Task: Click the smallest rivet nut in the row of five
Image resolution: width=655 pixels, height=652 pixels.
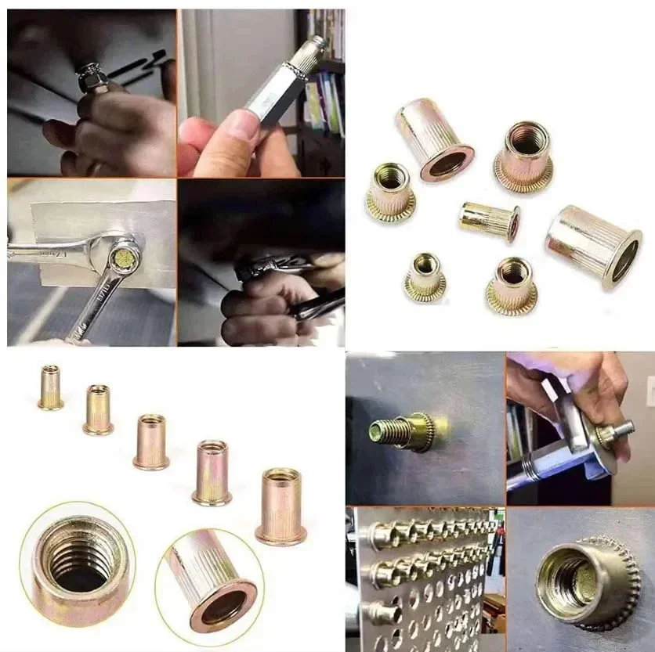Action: [x=50, y=387]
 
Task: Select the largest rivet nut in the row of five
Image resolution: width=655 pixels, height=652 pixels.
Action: [x=280, y=506]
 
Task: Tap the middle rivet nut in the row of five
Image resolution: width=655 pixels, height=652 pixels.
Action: [x=151, y=441]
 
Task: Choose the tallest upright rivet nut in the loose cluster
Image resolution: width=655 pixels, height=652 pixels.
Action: [x=434, y=139]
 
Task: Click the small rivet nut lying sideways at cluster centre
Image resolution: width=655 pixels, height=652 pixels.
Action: [x=490, y=221]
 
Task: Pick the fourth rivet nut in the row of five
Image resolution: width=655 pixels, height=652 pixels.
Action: [x=212, y=473]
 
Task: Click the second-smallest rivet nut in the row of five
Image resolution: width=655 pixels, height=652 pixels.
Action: [x=98, y=409]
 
